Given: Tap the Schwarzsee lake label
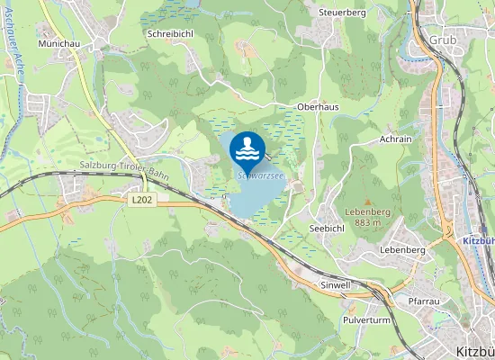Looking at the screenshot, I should click(262, 176).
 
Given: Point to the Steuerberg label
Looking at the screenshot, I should click(342, 13).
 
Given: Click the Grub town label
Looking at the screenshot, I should click(442, 40).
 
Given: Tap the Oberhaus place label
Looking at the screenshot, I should click(318, 106).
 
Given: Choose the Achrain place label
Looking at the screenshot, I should click(395, 139).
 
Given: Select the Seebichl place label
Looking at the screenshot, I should click(327, 229).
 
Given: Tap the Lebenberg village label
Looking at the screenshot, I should click(402, 249).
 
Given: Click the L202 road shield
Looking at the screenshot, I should click(141, 201).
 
